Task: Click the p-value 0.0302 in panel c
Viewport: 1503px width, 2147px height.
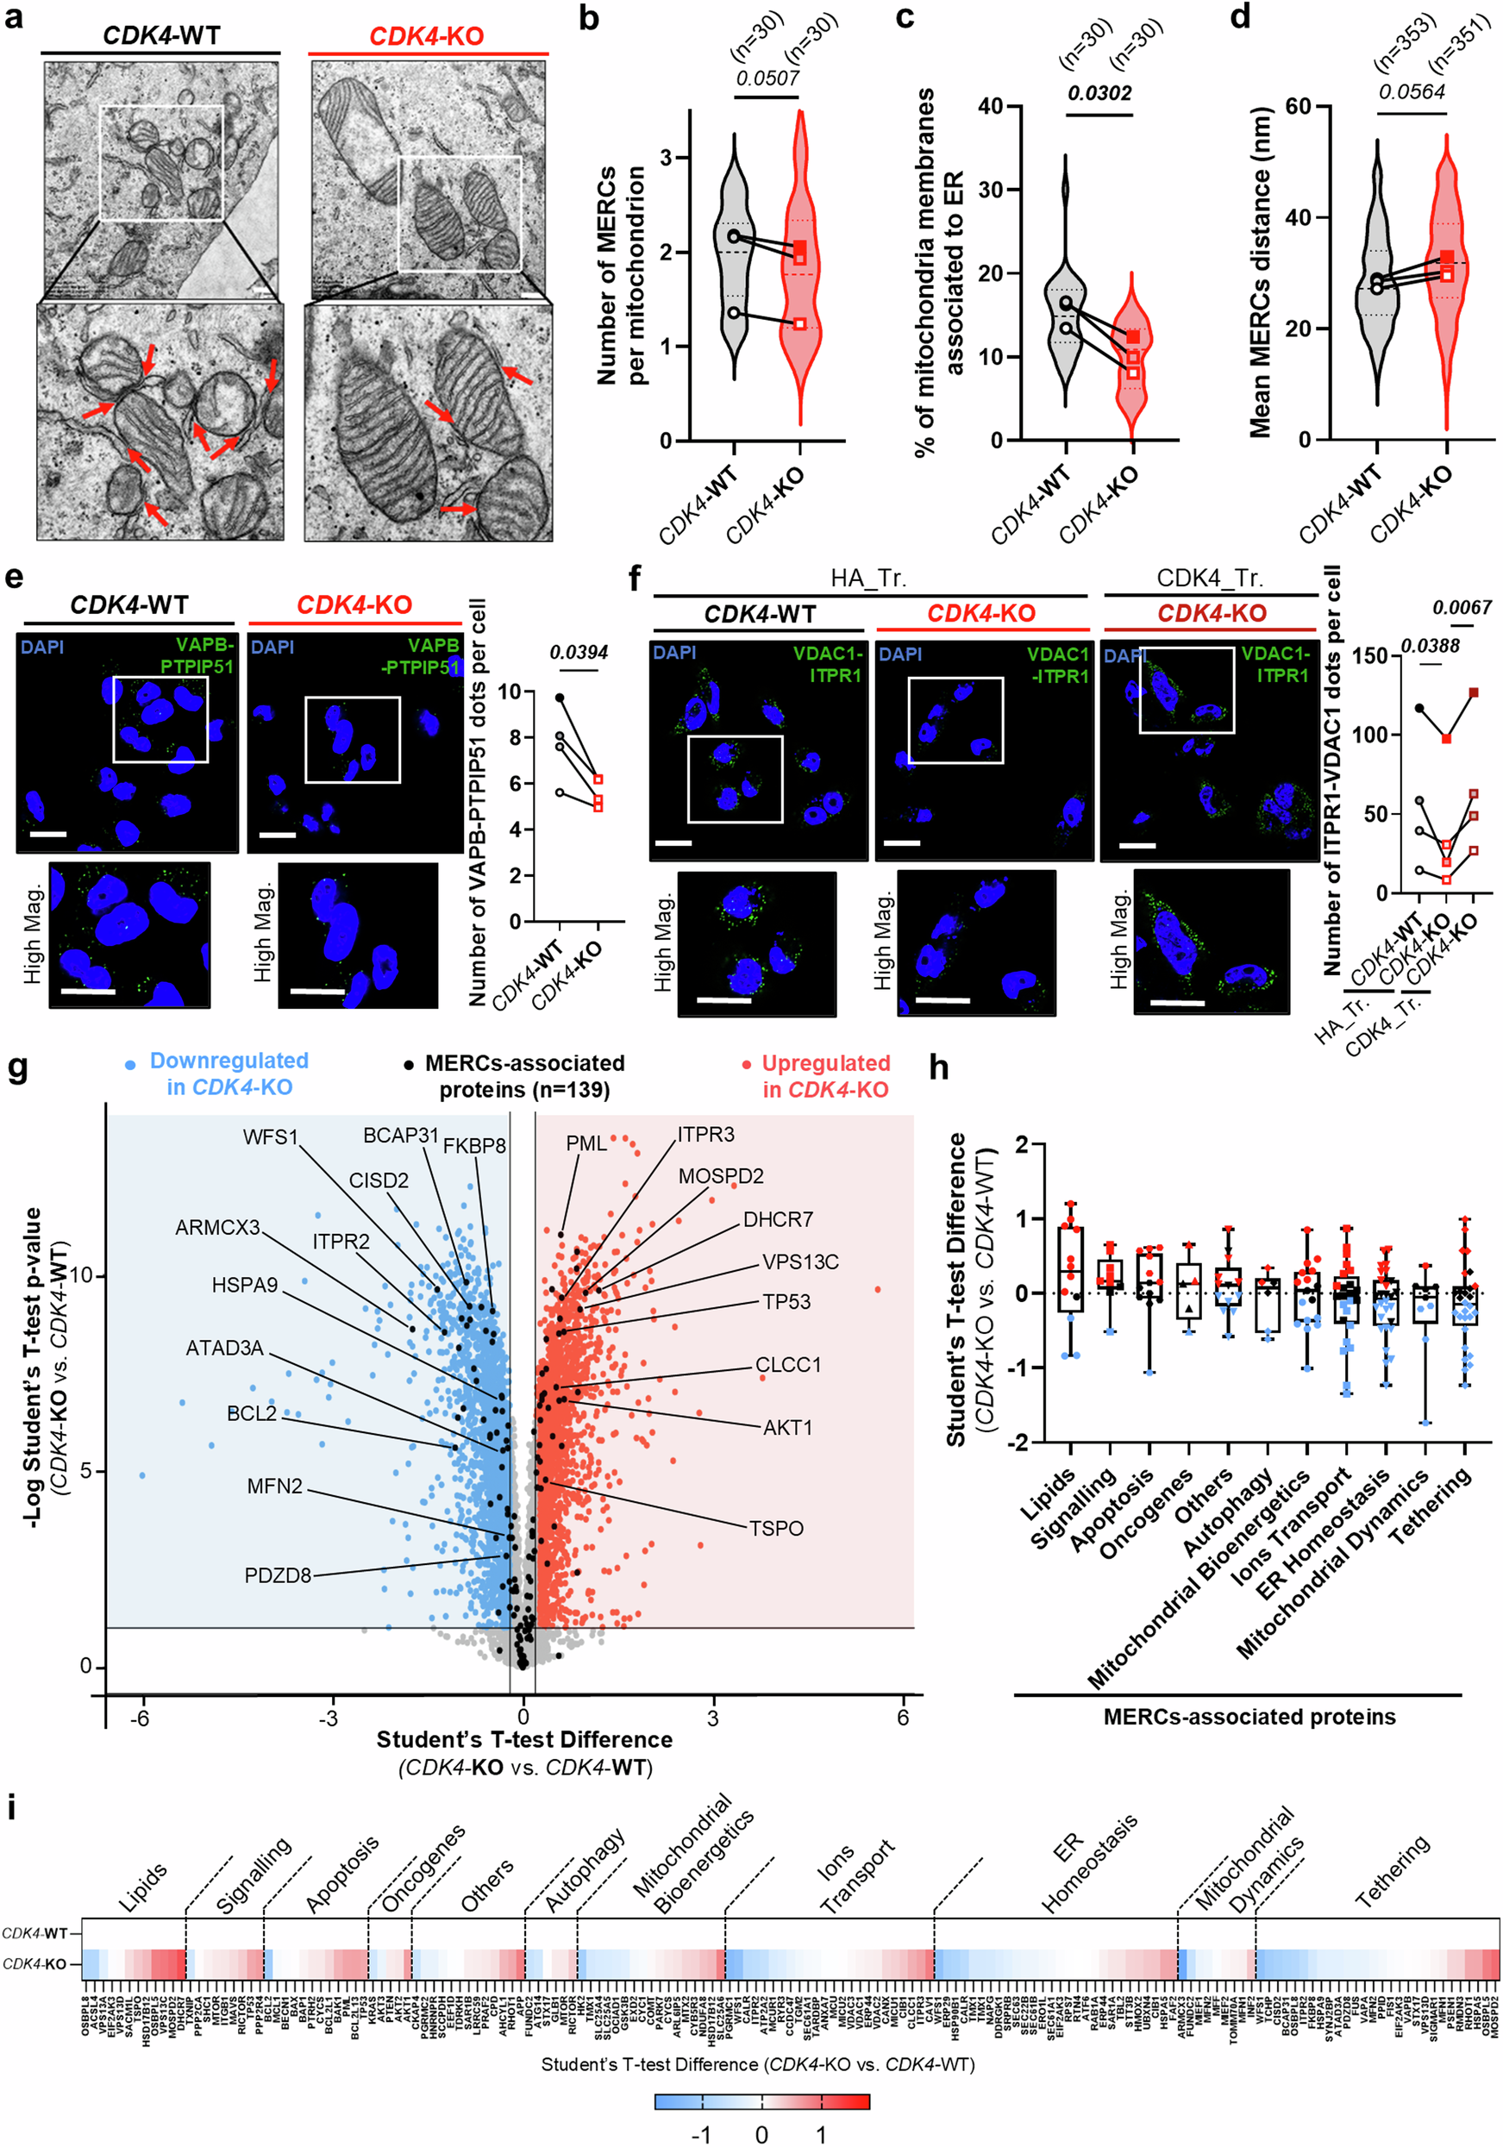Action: (x=1100, y=93)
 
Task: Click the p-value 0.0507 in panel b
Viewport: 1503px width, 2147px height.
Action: (x=767, y=78)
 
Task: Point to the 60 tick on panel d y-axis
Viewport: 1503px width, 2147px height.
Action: (x=1297, y=107)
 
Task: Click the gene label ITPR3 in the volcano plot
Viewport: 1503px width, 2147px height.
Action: (x=706, y=1134)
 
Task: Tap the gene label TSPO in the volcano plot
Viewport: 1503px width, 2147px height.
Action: (x=776, y=1528)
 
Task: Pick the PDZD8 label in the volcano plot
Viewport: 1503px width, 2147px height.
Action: (x=277, y=1574)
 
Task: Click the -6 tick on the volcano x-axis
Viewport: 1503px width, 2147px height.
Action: (x=140, y=1718)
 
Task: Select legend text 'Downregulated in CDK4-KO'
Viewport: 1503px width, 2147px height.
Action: (x=229, y=1073)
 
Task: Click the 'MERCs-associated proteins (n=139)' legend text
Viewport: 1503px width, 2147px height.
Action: (x=523, y=1076)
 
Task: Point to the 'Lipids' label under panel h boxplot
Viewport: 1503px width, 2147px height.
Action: (x=1049, y=1493)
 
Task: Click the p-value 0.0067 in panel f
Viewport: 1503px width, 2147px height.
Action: (x=1462, y=608)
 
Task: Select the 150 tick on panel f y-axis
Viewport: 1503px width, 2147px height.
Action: (x=1368, y=655)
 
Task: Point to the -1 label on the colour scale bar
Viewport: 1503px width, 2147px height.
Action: (x=700, y=2134)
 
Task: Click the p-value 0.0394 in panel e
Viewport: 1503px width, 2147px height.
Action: (x=578, y=652)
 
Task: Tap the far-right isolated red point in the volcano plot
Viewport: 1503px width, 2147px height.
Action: (x=877, y=1290)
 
